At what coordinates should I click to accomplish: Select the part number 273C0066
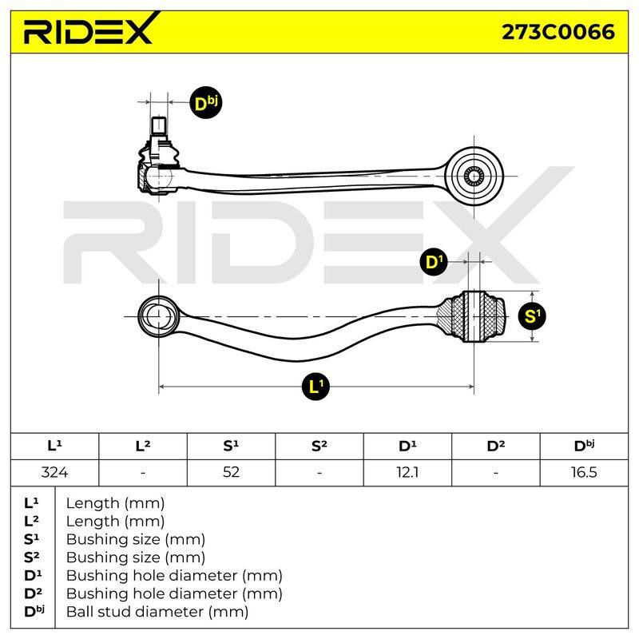558,32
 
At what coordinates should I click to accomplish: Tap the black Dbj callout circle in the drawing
206,103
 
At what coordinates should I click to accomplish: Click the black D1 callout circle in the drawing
434,262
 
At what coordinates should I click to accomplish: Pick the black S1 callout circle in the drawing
532,316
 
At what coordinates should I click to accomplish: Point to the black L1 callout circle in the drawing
316,387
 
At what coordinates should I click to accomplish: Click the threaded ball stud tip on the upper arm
158,125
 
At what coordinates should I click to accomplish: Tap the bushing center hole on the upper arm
474,177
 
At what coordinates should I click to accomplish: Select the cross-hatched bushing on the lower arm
472,316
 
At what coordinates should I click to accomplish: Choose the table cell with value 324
54,473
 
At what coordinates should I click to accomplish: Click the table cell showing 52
231,473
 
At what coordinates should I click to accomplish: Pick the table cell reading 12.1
407,473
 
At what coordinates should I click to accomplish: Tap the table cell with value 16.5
584,473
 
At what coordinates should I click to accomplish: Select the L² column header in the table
143,447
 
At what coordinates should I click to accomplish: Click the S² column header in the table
319,447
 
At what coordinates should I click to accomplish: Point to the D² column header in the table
495,447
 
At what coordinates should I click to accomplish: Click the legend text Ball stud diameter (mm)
157,612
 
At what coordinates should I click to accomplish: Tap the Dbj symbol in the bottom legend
34,611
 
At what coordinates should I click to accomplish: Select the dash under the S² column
319,473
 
